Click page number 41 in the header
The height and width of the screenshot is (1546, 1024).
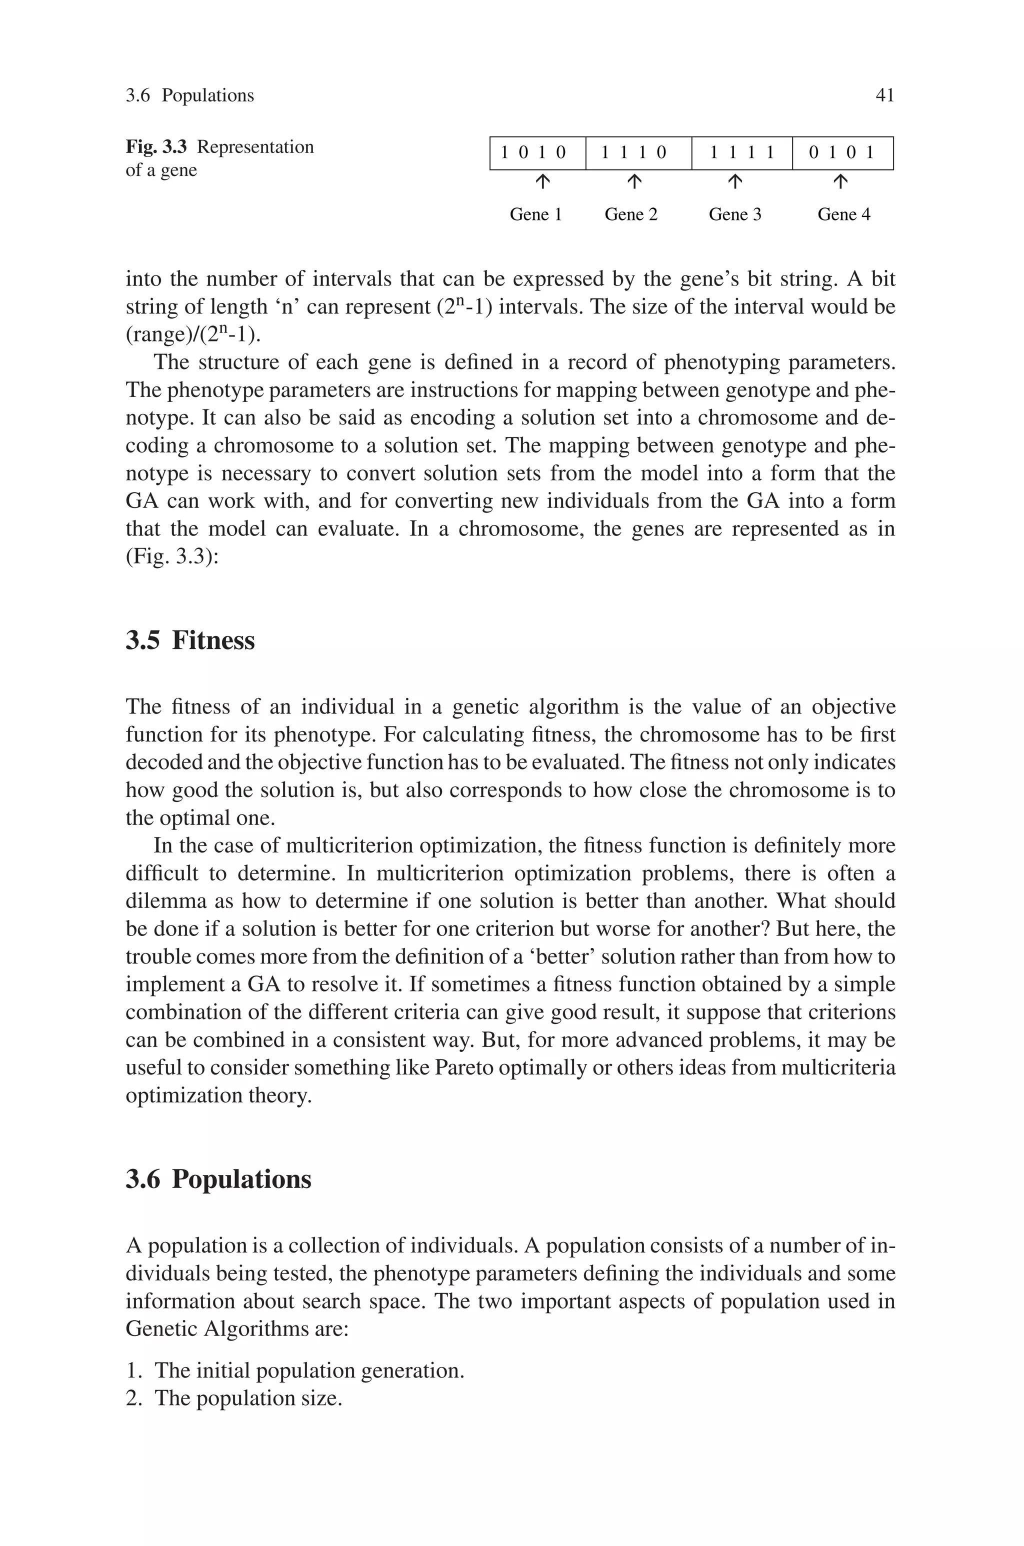coord(884,95)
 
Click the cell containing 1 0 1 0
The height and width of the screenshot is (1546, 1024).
coord(537,153)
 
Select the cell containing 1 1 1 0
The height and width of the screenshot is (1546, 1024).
coord(638,153)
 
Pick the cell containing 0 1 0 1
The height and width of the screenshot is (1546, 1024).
coord(842,153)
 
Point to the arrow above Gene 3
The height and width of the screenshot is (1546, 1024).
coord(734,182)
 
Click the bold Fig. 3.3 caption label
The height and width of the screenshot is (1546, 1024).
coord(156,147)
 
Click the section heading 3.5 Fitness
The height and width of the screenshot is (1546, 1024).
coord(190,640)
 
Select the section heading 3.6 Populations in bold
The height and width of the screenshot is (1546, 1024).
coord(218,1179)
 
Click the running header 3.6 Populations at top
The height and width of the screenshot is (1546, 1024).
coord(189,95)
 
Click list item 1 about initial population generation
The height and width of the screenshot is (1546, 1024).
coord(295,1370)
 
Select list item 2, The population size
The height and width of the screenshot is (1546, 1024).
coord(234,1398)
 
